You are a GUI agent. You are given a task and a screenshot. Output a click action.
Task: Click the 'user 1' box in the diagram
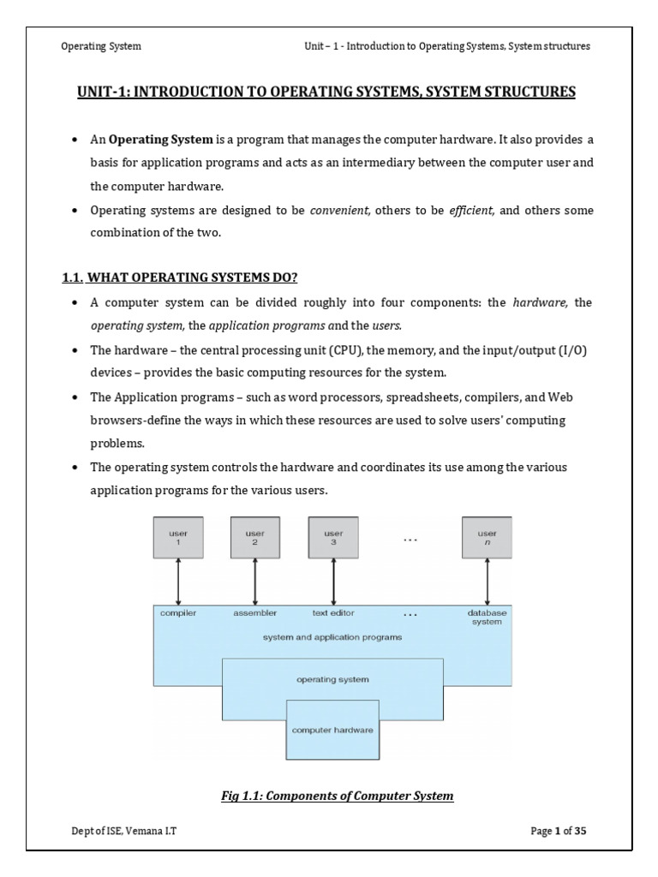(177, 538)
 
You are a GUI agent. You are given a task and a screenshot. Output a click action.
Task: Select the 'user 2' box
(255, 538)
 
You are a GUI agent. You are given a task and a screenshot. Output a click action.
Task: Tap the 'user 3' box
(332, 538)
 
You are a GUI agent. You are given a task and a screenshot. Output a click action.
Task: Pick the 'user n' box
(487, 538)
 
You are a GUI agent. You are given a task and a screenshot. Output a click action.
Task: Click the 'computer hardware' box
(332, 730)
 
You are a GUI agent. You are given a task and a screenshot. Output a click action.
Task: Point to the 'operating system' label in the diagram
(332, 679)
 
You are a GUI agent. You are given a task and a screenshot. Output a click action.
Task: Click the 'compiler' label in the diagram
(178, 613)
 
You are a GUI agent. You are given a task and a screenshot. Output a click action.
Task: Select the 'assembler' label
(255, 613)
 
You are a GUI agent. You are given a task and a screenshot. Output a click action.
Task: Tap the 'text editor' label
(333, 613)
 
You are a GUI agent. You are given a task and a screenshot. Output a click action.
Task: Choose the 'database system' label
(487, 617)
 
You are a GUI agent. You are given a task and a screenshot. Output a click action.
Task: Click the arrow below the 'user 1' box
(177, 582)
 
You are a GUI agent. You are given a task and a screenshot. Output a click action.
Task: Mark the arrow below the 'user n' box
(487, 582)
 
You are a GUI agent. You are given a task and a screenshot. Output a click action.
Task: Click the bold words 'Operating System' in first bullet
(160, 140)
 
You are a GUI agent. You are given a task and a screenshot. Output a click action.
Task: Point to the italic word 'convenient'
(340, 211)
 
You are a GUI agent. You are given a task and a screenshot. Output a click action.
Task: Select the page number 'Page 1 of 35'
(555, 831)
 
